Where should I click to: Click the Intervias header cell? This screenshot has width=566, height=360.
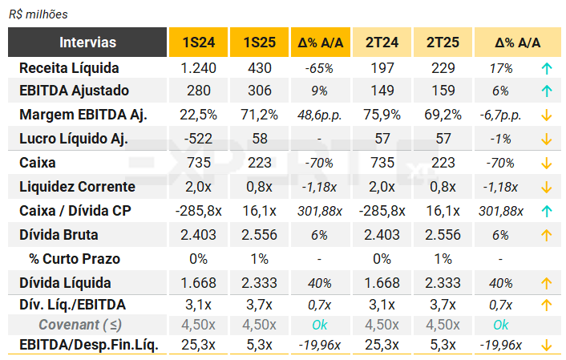click(87, 42)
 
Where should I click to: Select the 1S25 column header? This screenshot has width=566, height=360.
click(259, 42)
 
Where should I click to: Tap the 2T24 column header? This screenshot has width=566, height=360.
click(382, 42)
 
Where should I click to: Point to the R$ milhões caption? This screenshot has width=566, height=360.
click(38, 14)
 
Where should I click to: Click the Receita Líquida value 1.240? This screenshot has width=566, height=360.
click(198, 68)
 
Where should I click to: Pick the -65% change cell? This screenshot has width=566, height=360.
click(320, 68)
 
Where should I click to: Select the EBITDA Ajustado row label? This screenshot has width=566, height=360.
click(74, 91)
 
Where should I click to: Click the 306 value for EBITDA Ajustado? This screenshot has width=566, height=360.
click(259, 91)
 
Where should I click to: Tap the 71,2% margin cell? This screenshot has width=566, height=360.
click(259, 115)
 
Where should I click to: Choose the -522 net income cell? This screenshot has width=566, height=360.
click(198, 139)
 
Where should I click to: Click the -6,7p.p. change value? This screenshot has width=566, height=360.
click(500, 115)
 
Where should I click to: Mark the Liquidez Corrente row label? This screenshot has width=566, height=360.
click(77, 187)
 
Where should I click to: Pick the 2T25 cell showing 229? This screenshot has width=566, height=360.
click(443, 68)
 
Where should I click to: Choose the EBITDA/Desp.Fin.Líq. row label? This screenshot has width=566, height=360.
click(88, 346)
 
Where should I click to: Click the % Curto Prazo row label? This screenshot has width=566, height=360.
click(75, 259)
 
